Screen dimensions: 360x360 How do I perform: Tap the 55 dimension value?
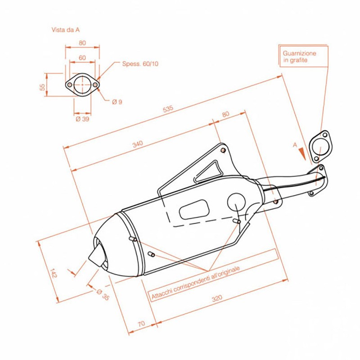tap(43, 87)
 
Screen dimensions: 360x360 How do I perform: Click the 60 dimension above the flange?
tap(82, 58)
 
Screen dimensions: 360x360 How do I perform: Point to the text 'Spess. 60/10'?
tap(140, 64)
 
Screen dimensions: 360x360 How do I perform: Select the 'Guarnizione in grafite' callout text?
tap(299, 56)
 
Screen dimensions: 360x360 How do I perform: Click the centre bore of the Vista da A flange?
tap(82, 84)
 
